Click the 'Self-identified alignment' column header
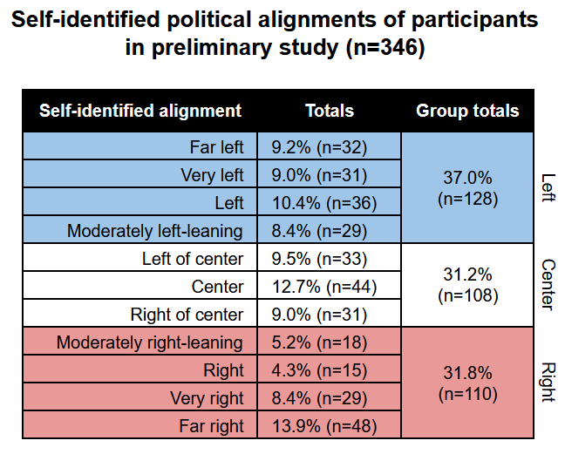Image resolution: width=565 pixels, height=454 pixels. click(140, 111)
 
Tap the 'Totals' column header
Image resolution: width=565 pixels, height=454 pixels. click(330, 111)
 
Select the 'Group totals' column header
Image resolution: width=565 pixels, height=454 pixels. click(467, 111)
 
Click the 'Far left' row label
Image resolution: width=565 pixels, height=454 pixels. click(216, 147)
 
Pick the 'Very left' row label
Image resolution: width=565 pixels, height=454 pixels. click(212, 175)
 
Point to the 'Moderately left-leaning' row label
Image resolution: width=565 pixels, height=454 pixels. click(155, 231)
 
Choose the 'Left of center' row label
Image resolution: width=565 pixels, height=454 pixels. click(193, 259)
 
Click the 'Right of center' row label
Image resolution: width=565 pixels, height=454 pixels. click(187, 315)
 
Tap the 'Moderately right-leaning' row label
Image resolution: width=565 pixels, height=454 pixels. click(150, 342)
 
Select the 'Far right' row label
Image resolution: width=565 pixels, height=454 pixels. click(212, 426)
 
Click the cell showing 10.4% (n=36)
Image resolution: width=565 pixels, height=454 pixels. click(324, 203)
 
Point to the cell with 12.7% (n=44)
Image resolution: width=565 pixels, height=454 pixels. click(324, 287)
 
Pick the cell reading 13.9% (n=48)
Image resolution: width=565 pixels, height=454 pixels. click(324, 426)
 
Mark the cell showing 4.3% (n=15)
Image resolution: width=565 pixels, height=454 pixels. click(319, 370)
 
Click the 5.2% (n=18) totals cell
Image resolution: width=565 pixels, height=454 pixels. click(319, 342)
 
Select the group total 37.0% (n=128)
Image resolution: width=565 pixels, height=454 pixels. click(467, 188)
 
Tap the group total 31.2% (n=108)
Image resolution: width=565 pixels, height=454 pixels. click(467, 285)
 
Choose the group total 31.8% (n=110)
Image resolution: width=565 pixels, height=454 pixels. click(467, 383)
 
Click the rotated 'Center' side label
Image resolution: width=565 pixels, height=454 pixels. click(548, 285)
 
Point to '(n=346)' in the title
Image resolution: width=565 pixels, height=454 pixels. click(385, 47)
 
